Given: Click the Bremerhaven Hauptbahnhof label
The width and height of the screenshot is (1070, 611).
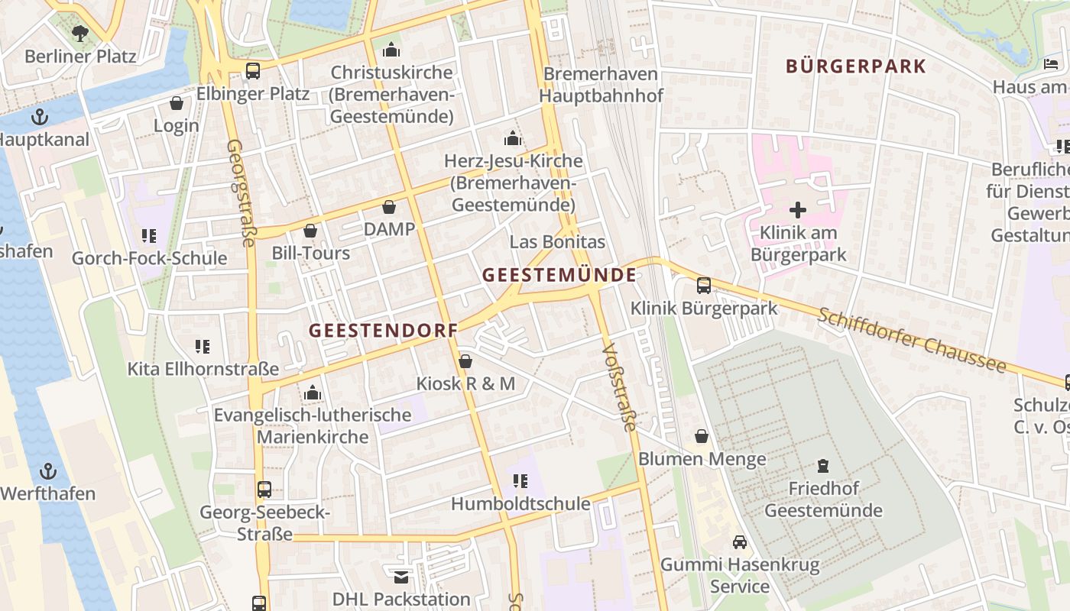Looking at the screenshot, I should (x=601, y=85).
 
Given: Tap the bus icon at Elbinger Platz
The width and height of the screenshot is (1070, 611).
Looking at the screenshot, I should (x=252, y=71).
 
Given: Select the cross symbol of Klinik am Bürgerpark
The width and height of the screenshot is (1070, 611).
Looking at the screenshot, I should (x=798, y=209).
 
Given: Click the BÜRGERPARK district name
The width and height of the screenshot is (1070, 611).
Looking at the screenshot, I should (x=856, y=66).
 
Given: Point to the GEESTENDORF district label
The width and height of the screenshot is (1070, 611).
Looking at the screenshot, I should (x=383, y=330).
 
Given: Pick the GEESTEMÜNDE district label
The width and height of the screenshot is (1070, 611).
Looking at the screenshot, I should (x=559, y=275).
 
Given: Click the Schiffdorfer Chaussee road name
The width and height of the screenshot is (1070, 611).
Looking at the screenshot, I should (x=912, y=341).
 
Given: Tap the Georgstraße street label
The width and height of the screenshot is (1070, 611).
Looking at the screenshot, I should (x=241, y=192).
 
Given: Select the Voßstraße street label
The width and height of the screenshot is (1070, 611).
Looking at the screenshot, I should (x=619, y=386).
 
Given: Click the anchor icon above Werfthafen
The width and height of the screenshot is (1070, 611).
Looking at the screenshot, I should (x=48, y=471).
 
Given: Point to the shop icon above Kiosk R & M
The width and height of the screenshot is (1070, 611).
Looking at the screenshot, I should (x=465, y=361).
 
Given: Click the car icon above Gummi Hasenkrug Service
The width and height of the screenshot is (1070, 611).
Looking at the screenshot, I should (x=739, y=542).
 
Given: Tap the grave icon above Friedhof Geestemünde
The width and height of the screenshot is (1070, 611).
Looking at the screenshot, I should (x=823, y=465).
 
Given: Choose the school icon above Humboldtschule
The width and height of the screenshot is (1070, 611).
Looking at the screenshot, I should (x=520, y=481).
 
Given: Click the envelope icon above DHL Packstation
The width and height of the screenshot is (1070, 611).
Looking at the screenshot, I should (x=401, y=577).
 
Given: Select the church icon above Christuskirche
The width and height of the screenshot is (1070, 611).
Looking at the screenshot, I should (x=391, y=50).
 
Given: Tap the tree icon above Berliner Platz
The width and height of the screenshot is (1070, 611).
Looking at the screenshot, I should (x=79, y=33).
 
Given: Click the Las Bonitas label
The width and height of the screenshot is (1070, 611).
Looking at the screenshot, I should (x=556, y=242).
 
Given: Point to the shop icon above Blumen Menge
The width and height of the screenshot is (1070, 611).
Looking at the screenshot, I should (x=702, y=437).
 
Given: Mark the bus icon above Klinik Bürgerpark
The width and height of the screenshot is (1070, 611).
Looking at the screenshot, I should (x=703, y=286).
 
